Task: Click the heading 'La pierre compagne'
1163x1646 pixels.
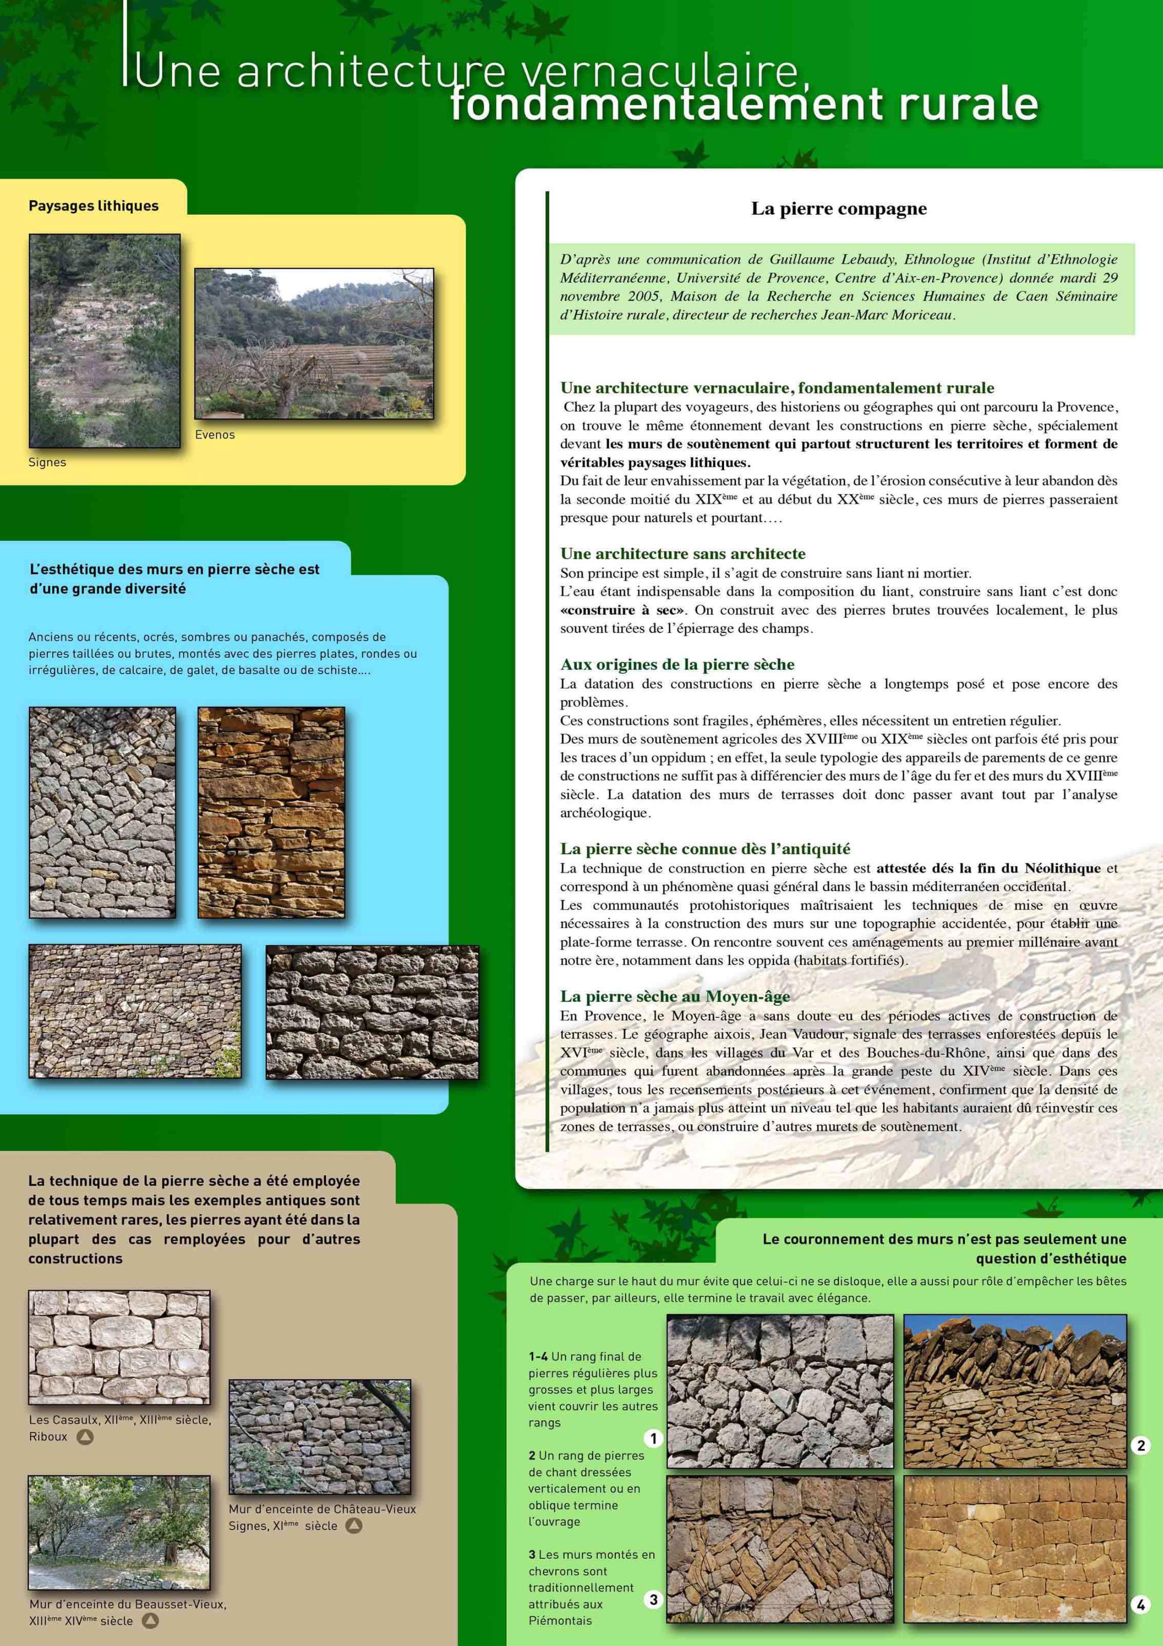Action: (x=838, y=209)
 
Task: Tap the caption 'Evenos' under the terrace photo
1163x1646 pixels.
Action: (x=215, y=434)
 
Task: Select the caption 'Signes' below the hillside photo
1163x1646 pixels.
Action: (x=47, y=463)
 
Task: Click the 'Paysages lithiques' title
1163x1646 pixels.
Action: (x=94, y=206)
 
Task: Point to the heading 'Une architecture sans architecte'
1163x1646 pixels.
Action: (x=682, y=554)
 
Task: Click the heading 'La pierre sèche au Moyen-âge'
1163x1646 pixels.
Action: (x=675, y=996)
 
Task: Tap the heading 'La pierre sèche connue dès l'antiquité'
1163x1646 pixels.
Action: (x=705, y=849)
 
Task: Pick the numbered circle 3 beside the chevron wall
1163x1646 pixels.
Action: (x=653, y=1599)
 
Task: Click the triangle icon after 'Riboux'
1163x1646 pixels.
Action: (x=85, y=1437)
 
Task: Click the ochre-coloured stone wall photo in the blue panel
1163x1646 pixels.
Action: (x=271, y=812)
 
